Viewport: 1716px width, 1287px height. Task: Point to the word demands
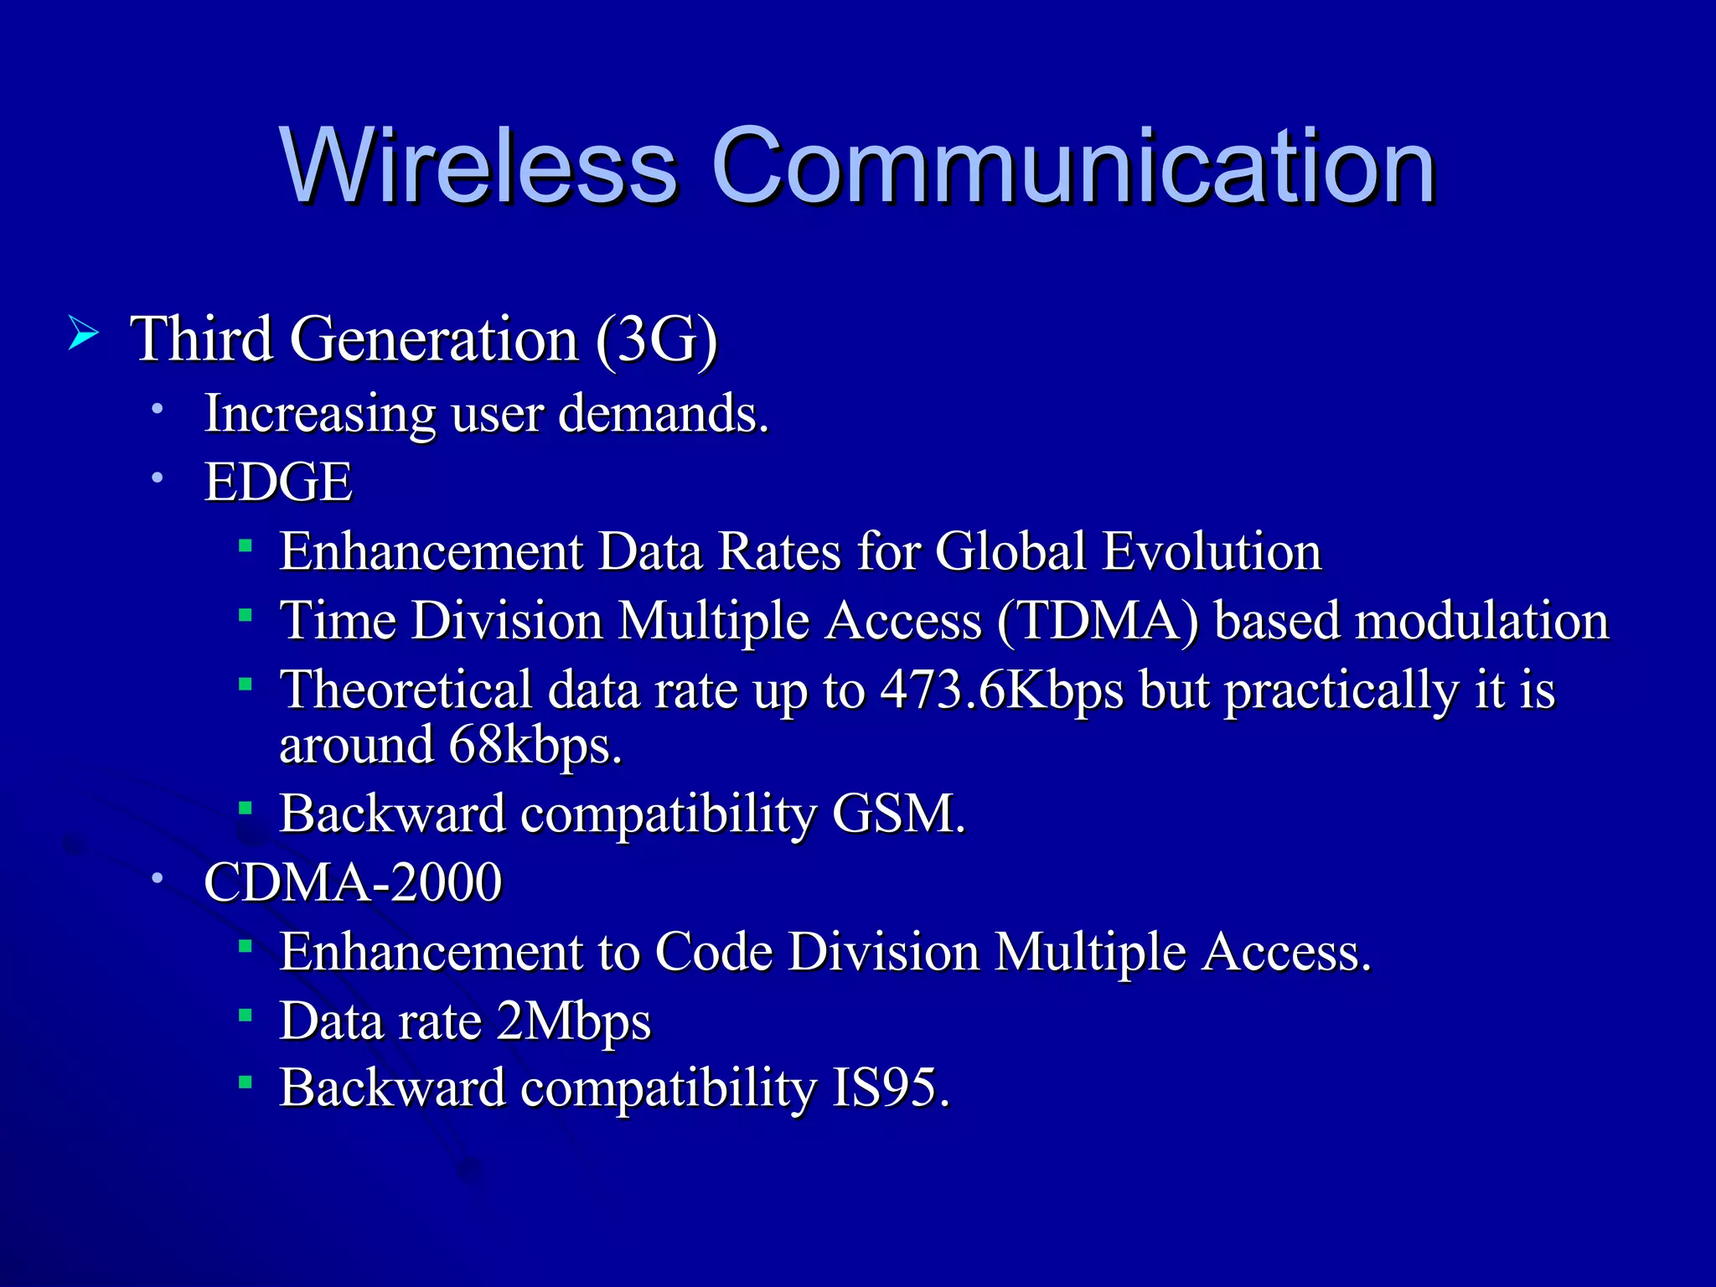click(663, 413)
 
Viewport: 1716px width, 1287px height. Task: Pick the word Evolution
click(1212, 551)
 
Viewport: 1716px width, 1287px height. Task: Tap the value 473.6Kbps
click(1001, 690)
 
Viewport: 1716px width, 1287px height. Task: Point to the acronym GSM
click(898, 814)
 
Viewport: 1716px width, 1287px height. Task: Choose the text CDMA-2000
click(353, 882)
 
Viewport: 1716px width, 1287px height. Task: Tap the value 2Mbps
click(573, 1021)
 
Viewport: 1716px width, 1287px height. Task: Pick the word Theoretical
click(406, 690)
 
